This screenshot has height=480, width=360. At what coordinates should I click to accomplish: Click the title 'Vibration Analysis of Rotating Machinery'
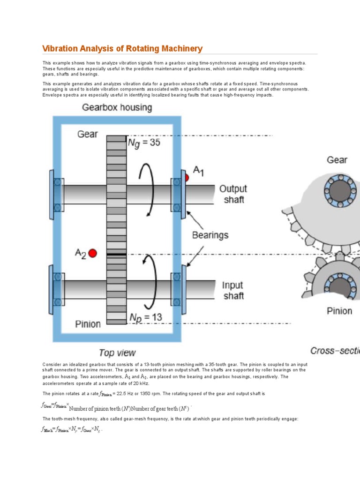(x=122, y=49)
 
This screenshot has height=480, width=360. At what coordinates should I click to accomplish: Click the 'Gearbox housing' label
(x=117, y=107)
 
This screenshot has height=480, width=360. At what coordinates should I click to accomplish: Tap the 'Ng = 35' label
(x=144, y=142)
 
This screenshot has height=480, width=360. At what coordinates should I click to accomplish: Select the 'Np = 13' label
(x=146, y=317)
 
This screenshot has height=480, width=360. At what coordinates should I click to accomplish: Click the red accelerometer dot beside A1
(x=186, y=178)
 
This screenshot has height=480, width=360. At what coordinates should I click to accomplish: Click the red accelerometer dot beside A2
(x=92, y=253)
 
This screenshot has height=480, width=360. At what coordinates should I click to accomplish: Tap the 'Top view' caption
(x=117, y=353)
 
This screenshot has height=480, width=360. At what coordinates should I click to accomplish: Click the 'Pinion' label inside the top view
(x=88, y=323)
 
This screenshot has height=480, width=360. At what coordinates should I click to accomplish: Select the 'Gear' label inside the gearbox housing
(x=88, y=134)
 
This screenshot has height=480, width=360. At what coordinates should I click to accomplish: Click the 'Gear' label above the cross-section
(x=337, y=160)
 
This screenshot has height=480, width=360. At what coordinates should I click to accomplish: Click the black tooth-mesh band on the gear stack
(x=116, y=255)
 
